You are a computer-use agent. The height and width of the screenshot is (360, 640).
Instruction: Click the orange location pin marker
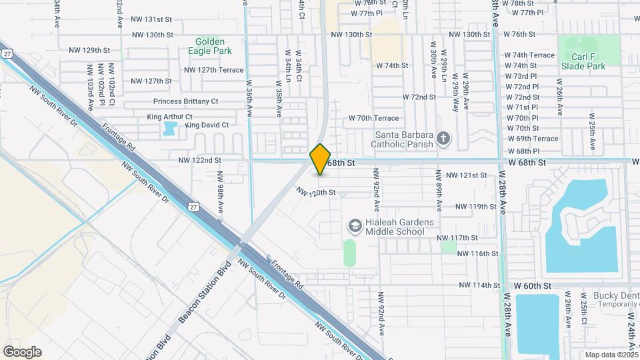click(320, 159)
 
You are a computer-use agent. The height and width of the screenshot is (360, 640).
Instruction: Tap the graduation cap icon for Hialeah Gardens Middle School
click(355, 227)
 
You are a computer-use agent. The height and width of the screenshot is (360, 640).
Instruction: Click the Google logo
click(22, 352)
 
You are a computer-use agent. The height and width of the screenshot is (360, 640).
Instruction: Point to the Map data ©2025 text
click(611, 355)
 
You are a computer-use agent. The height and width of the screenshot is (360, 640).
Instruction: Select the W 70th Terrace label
click(373, 118)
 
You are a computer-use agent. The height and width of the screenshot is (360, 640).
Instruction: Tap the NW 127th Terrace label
click(214, 69)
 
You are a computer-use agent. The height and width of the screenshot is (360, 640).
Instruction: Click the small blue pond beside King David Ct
click(170, 128)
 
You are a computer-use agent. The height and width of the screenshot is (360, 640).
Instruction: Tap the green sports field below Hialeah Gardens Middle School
click(349, 253)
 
